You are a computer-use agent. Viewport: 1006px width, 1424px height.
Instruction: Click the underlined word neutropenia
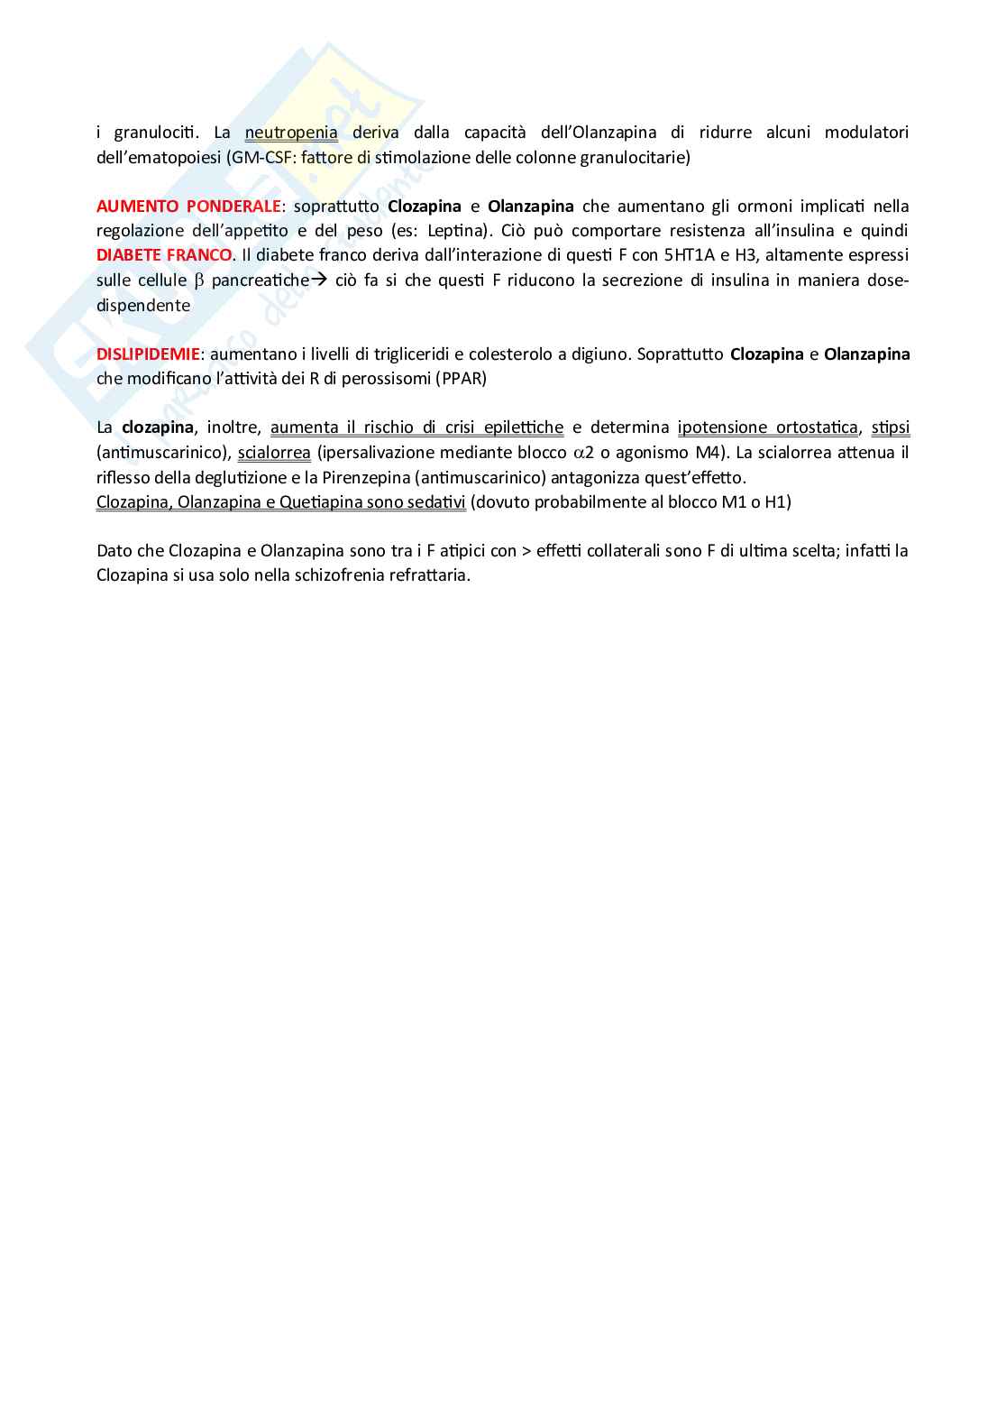click(x=291, y=133)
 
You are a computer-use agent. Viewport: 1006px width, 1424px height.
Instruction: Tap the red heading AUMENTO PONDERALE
click(x=188, y=207)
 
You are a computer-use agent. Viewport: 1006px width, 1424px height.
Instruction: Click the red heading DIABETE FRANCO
click(x=164, y=255)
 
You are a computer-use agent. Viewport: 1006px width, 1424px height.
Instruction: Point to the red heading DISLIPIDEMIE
click(x=148, y=354)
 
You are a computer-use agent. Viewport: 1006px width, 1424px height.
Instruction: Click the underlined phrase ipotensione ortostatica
click(x=768, y=427)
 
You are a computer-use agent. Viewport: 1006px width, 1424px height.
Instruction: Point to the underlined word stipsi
click(x=891, y=427)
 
